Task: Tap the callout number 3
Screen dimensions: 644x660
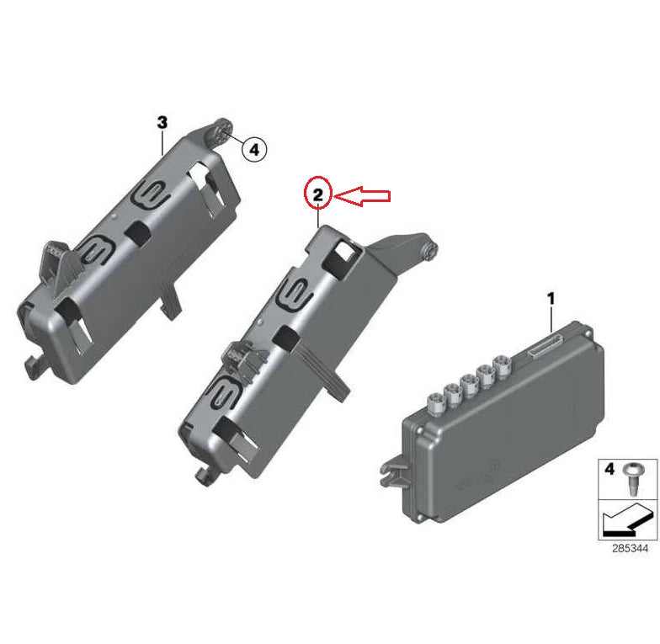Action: [162, 123]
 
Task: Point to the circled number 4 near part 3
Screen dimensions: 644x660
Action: [253, 150]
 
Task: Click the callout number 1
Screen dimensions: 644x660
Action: [551, 298]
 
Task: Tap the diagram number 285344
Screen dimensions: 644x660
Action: [624, 548]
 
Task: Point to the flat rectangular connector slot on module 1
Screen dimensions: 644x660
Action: [545, 343]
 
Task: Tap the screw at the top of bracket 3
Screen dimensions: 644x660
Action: [226, 128]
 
